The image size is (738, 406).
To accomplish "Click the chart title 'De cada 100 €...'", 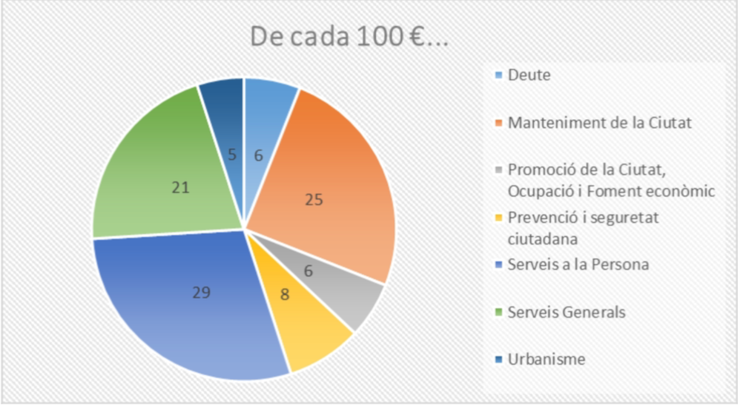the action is (x=349, y=36).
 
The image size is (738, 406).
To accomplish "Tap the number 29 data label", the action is (x=201, y=292).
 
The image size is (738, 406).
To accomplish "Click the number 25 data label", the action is (x=314, y=199).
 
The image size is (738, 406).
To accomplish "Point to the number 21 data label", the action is (x=181, y=188).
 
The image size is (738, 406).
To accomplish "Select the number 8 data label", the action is (x=285, y=295).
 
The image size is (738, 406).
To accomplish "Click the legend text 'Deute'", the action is (x=529, y=75).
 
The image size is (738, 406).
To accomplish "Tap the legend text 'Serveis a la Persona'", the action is (x=578, y=264).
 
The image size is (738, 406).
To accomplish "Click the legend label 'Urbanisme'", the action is (x=547, y=359).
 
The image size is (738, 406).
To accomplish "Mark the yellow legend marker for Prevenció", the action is (x=499, y=218).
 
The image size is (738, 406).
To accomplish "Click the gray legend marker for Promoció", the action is (x=499, y=170).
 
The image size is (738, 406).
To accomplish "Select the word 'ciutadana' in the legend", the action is (x=542, y=239).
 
